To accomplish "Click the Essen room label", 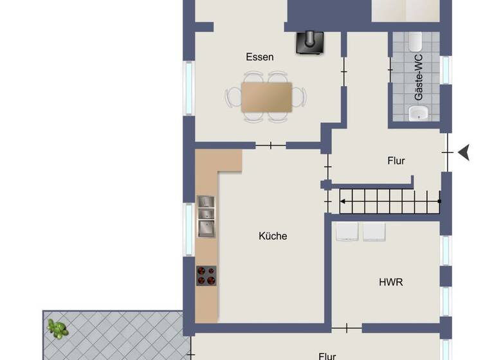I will pyautogui.click(x=260, y=57).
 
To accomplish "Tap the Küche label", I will pyautogui.click(x=273, y=236).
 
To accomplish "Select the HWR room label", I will pyautogui.click(x=391, y=282).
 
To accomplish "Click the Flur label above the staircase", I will pyautogui.click(x=396, y=161).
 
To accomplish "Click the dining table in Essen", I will pyautogui.click(x=266, y=96).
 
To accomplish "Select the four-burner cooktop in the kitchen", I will pyautogui.click(x=206, y=275).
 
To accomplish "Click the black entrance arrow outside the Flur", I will pyautogui.click(x=464, y=152).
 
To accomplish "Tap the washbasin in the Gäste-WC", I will pyautogui.click(x=419, y=114).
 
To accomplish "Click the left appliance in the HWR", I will pyautogui.click(x=347, y=231).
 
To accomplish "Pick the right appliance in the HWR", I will pyautogui.click(x=374, y=231).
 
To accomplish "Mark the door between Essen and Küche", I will pyautogui.click(x=271, y=145).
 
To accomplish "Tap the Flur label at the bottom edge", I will pyautogui.click(x=327, y=355).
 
